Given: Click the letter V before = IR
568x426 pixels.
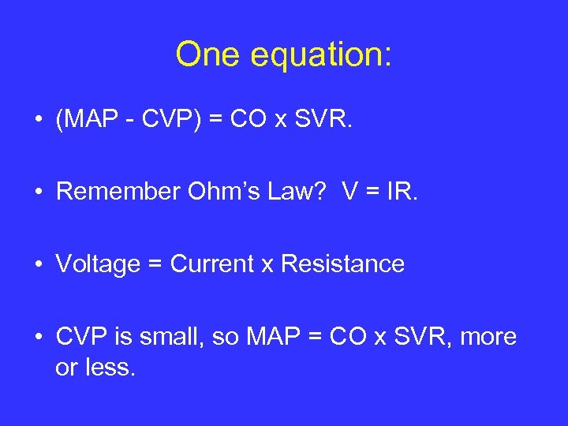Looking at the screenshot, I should click(x=351, y=192).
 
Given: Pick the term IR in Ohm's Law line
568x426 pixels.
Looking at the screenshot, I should click(x=399, y=192).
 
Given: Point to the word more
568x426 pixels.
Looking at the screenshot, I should click(x=487, y=337).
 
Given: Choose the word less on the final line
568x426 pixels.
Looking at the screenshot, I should click(x=110, y=366).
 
